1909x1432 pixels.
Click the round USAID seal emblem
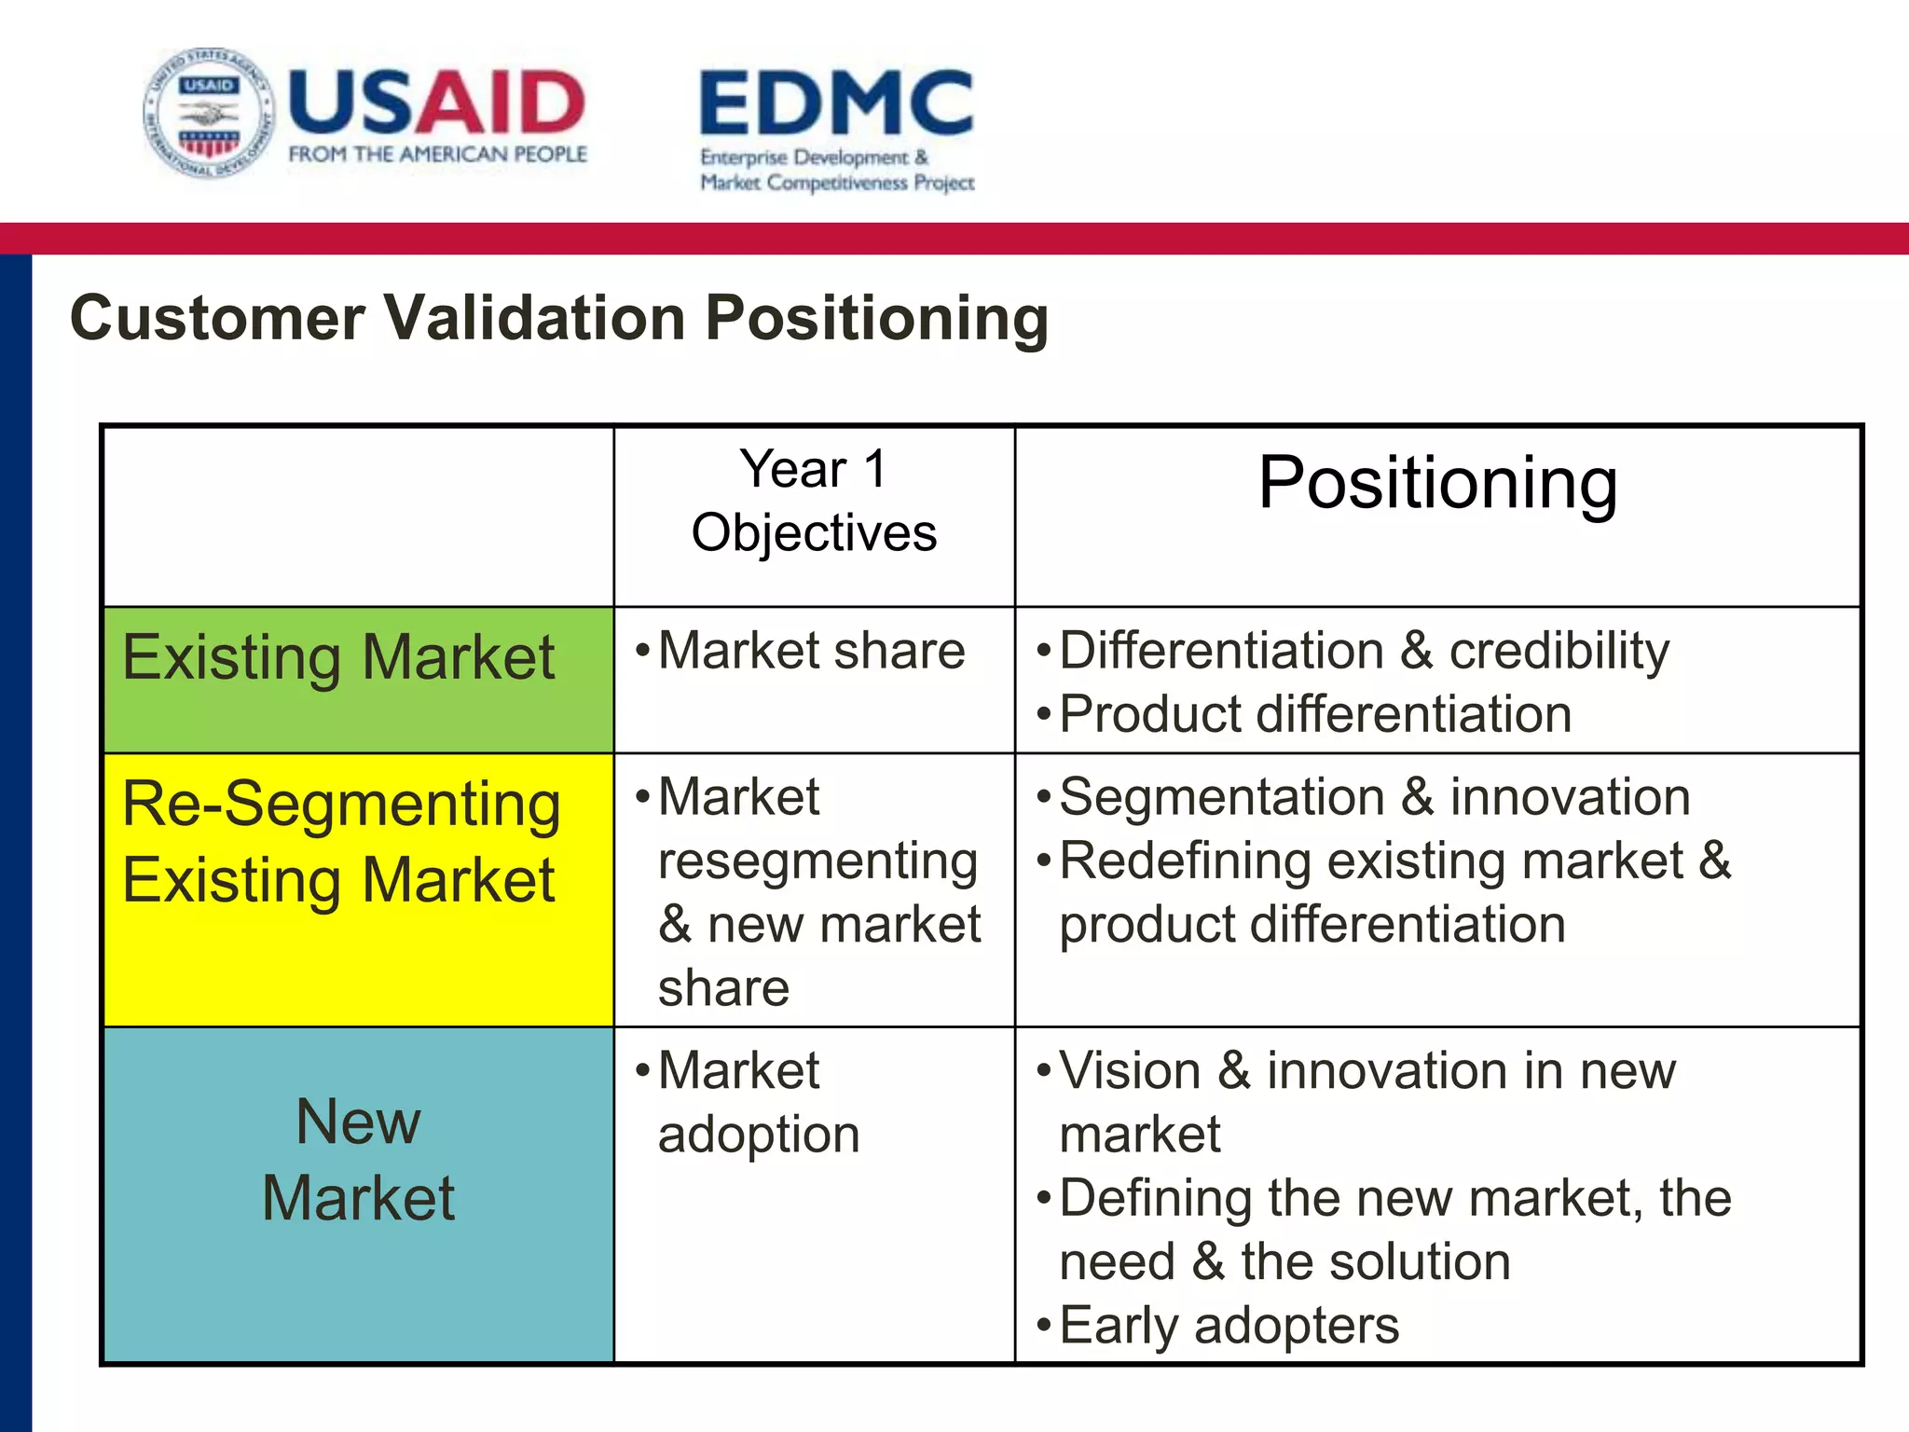pos(209,114)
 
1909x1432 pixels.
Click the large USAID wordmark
pos(436,102)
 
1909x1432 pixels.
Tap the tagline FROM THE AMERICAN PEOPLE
pos(437,155)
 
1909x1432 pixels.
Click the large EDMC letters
pos(836,103)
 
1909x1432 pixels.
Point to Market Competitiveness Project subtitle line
pos(837,183)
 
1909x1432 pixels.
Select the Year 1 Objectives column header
pos(814,502)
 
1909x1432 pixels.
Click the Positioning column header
pos(1436,483)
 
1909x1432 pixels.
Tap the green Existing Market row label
pos(339,658)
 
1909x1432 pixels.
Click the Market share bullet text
pos(811,651)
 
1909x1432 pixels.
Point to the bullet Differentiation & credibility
pos(1364,651)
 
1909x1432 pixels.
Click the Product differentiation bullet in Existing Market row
pos(1315,714)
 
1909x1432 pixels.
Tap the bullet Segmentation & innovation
pos(1374,798)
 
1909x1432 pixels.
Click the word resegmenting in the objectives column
pos(817,861)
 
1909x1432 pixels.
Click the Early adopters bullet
pos(1229,1325)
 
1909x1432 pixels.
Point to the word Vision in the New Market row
pos(1130,1071)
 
